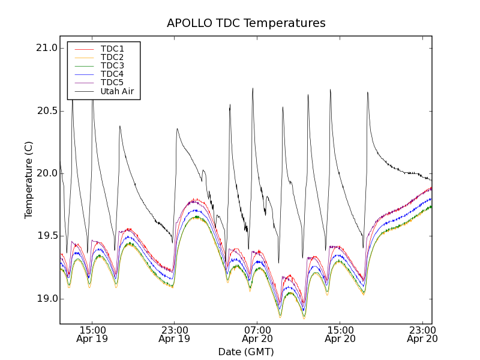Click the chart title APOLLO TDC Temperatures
pos(246,23)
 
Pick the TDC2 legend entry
pos(112,58)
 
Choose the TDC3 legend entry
pos(112,66)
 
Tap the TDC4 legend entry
pos(112,74)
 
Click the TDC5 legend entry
pos(112,83)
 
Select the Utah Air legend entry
pos(117,91)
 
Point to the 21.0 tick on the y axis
pos(47,48)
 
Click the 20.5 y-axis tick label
pos(47,111)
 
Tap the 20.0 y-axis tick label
pos(47,173)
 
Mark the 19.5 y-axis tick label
pos(47,236)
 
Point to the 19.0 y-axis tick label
pos(47,299)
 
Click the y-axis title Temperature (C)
pos(29,180)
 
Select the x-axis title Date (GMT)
pos(246,352)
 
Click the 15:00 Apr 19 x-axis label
pos(92,334)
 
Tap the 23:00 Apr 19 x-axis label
pos(174,334)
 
